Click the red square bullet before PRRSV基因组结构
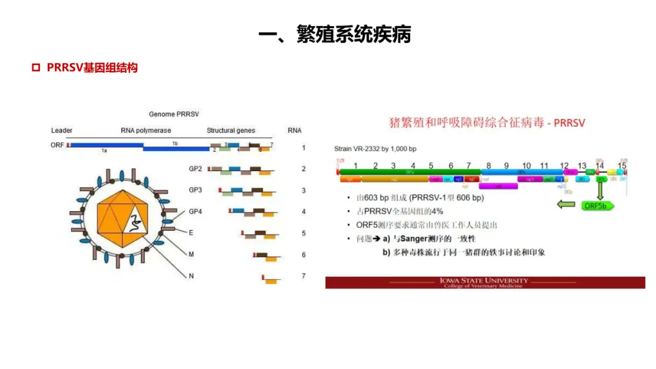[x=36, y=67]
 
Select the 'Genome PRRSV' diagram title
[x=174, y=114]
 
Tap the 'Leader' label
[x=61, y=130]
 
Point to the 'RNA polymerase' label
[x=146, y=130]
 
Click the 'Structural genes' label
[x=231, y=130]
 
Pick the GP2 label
[x=195, y=169]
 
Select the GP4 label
[x=195, y=212]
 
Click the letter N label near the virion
[x=191, y=276]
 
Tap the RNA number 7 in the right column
[x=304, y=276]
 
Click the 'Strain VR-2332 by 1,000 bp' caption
[x=375, y=149]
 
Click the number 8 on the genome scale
[x=488, y=165]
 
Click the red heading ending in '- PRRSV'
[x=487, y=123]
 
